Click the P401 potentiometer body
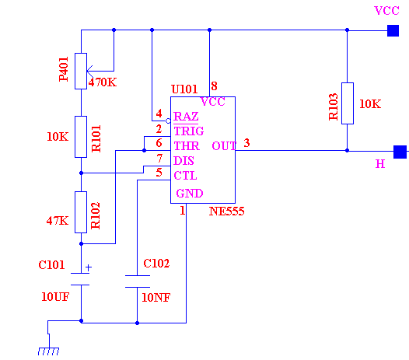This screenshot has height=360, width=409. pyautogui.click(x=81, y=72)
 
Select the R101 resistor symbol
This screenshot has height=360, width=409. pyautogui.click(x=81, y=137)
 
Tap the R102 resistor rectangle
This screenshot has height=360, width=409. pyautogui.click(x=81, y=212)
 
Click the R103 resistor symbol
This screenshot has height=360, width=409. pyautogui.click(x=348, y=103)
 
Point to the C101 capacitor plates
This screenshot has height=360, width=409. pyautogui.click(x=80, y=279)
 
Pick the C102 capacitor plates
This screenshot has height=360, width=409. pyautogui.click(x=138, y=281)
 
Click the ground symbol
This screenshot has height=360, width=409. pyautogui.click(x=49, y=351)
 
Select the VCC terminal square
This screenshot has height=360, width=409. pyautogui.click(x=393, y=30)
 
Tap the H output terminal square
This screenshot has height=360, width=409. pyautogui.click(x=400, y=152)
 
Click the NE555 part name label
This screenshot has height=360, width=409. pyautogui.click(x=227, y=211)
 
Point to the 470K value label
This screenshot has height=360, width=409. pyautogui.click(x=103, y=82)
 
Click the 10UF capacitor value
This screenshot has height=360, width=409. pyautogui.click(x=55, y=297)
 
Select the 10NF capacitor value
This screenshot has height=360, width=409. pyautogui.click(x=156, y=297)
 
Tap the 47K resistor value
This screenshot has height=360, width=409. pyautogui.click(x=58, y=221)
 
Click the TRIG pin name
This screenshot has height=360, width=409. pyautogui.click(x=189, y=131)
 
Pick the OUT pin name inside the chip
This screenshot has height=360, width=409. pyautogui.click(x=224, y=146)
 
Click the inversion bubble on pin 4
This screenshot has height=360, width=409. pyautogui.click(x=168, y=121)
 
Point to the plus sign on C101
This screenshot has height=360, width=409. pyautogui.click(x=89, y=267)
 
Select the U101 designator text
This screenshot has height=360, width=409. pyautogui.click(x=184, y=89)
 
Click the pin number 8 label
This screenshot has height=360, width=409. pyautogui.click(x=214, y=86)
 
